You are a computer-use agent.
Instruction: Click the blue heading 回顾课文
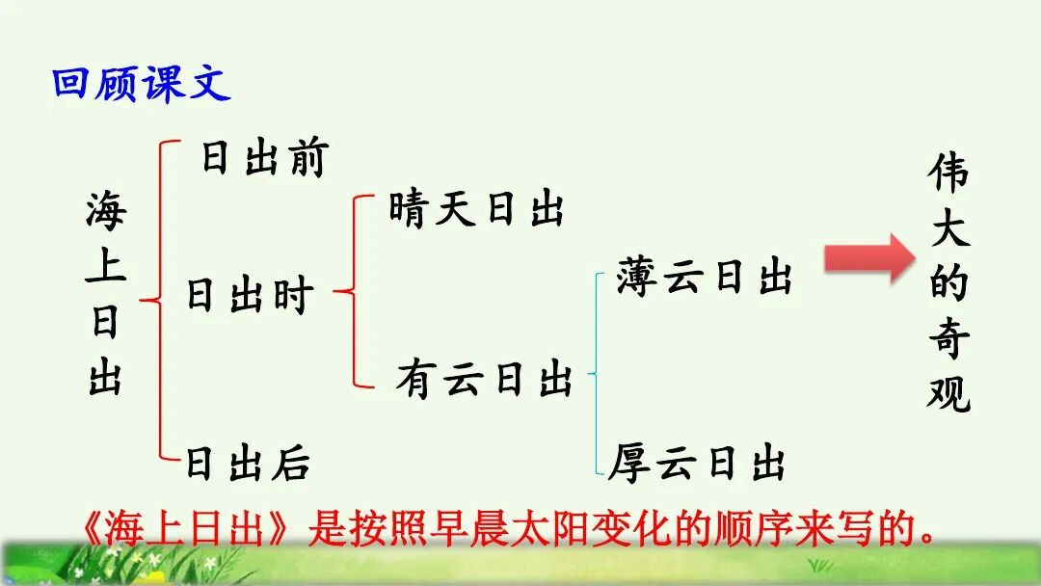[142, 84]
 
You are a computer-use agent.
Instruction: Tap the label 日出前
[264, 157]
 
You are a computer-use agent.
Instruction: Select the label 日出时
[250, 296]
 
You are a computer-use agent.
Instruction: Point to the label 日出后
[248, 464]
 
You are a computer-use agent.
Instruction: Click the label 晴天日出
[476, 209]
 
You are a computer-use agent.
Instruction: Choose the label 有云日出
[485, 380]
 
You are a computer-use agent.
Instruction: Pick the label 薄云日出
[705, 278]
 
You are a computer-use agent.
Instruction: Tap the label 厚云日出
[697, 464]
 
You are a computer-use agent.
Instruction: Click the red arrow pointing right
[868, 257]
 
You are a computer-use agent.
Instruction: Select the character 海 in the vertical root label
[105, 212]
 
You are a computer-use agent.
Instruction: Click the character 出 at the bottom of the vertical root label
[105, 378]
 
